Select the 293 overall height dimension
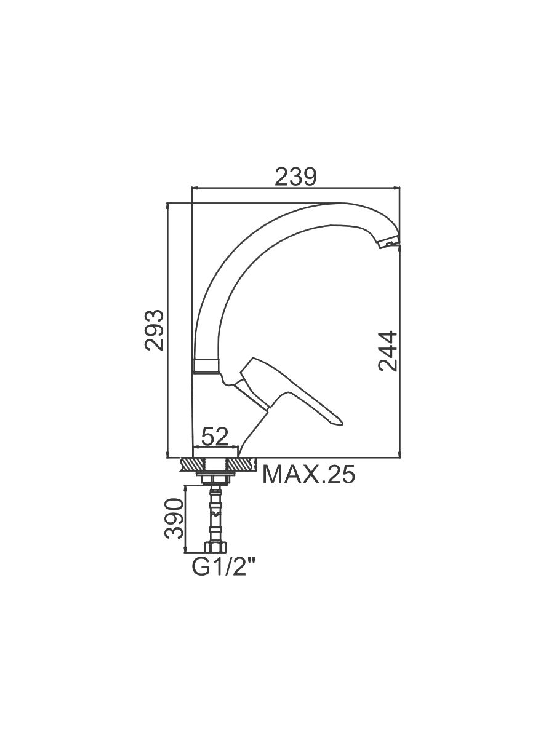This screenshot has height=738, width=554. click(x=154, y=330)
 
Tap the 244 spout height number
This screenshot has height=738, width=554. click(x=388, y=351)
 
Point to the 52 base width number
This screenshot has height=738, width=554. click(x=215, y=437)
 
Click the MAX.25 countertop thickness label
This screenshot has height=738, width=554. click(x=308, y=475)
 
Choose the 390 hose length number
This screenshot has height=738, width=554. click(x=175, y=528)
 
